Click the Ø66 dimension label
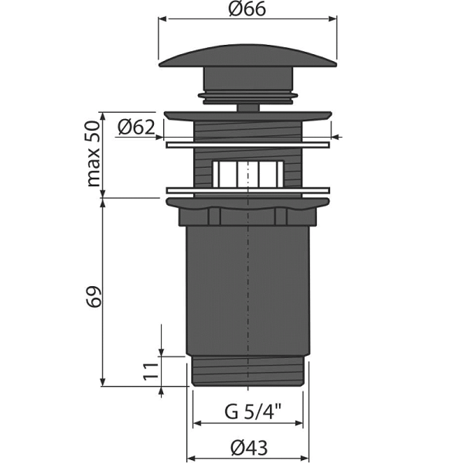click(x=247, y=9)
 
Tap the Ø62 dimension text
click(x=136, y=128)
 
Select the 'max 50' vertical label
click(x=94, y=154)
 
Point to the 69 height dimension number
click(x=94, y=297)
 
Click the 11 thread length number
click(x=151, y=370)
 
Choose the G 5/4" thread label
click(x=253, y=411)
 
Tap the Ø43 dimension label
click(x=249, y=447)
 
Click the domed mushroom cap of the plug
click(x=248, y=56)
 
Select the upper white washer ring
click(x=248, y=145)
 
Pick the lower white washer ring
click(x=248, y=190)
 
